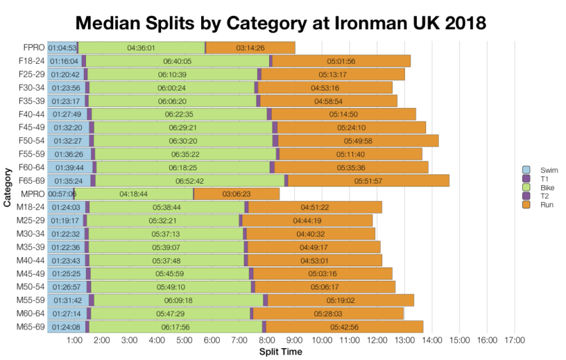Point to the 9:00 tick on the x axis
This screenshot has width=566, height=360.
(295, 341)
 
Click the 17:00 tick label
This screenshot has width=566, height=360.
(515, 341)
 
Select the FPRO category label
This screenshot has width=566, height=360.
(33, 48)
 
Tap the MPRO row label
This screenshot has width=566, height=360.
(33, 194)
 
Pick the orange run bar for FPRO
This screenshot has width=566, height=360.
(250, 48)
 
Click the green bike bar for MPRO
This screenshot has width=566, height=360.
(134, 194)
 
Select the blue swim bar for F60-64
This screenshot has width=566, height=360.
(69, 167)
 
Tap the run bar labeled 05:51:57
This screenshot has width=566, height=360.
(368, 180)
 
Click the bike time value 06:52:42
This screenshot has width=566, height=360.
(190, 180)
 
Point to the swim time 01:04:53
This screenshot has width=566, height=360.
(62, 48)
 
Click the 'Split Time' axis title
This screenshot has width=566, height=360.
(280, 351)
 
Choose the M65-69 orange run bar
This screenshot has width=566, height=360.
(344, 326)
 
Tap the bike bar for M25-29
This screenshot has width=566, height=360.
(162, 220)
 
